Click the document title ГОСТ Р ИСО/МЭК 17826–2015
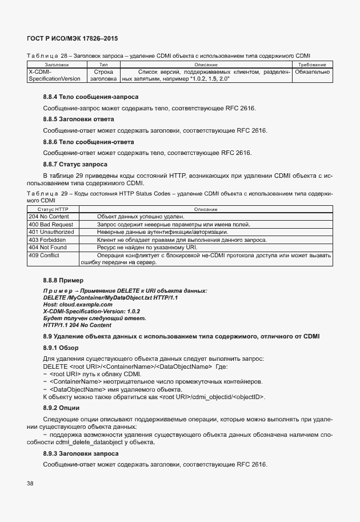tap(72, 38)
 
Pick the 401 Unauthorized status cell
tap(51, 232)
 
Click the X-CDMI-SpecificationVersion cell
tap(54, 75)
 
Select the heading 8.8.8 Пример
tap(63, 281)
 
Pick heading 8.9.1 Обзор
tap(62, 348)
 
